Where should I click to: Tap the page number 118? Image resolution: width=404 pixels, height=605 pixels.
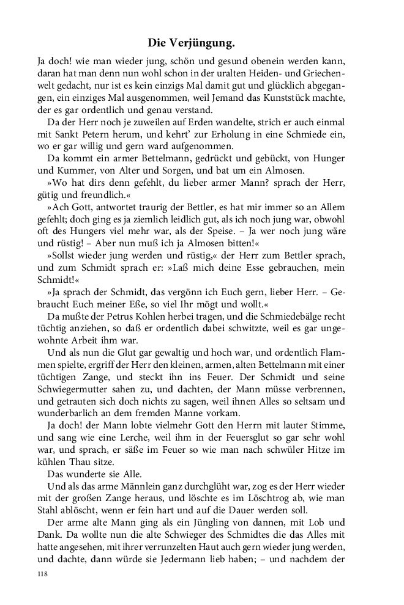(x=42, y=574)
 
